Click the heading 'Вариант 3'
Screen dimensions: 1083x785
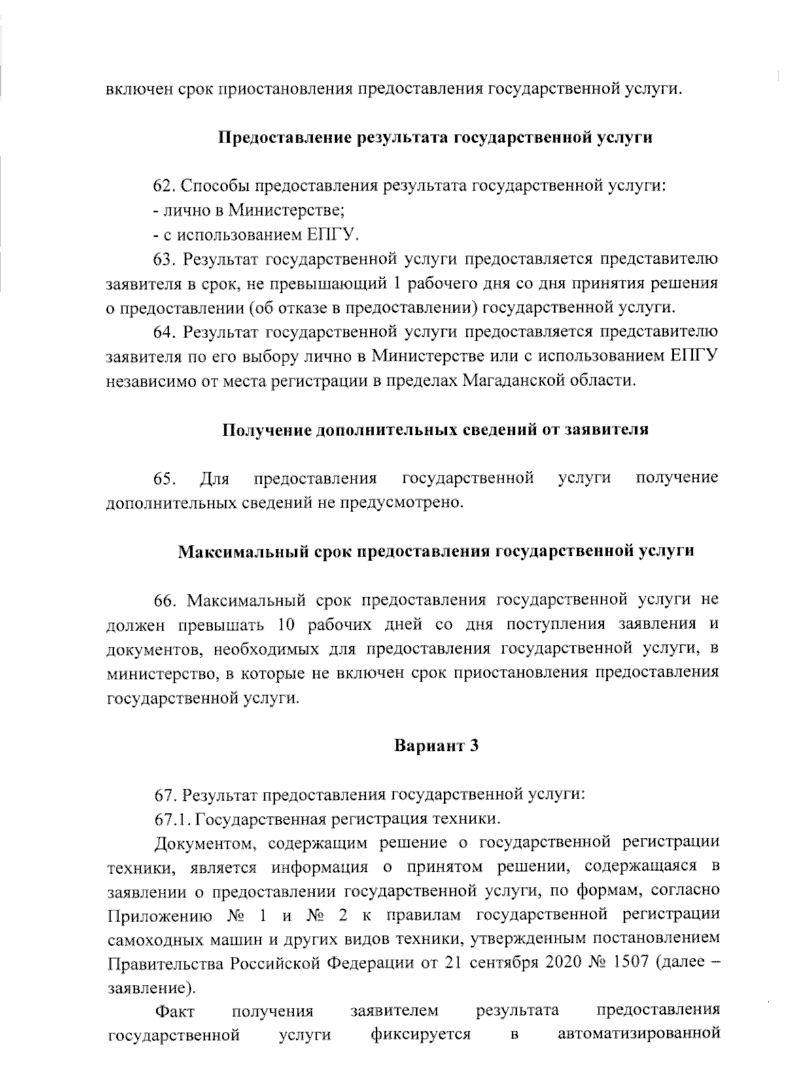pyautogui.click(x=436, y=746)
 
